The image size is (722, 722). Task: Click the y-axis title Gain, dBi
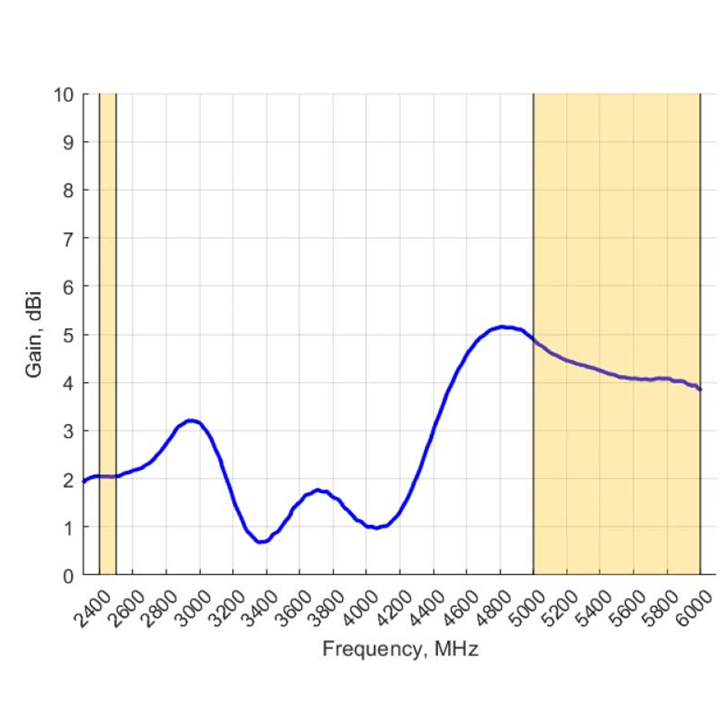click(34, 334)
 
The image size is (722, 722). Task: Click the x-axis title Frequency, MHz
click(400, 650)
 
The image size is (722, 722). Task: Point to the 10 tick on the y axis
click(64, 94)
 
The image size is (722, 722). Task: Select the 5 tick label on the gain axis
click(68, 335)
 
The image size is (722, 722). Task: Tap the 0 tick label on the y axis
click(68, 576)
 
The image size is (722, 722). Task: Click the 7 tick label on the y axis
click(68, 238)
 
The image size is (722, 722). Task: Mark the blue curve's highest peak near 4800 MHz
click(503, 326)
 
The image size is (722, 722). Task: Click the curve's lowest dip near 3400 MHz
click(261, 541)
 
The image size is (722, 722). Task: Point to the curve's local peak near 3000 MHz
click(191, 420)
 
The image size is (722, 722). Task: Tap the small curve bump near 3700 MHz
click(318, 490)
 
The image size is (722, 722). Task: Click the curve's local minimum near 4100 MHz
click(375, 527)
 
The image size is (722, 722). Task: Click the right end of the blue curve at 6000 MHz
click(700, 389)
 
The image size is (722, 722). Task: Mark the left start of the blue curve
click(83, 482)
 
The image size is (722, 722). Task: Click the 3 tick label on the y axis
click(68, 431)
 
